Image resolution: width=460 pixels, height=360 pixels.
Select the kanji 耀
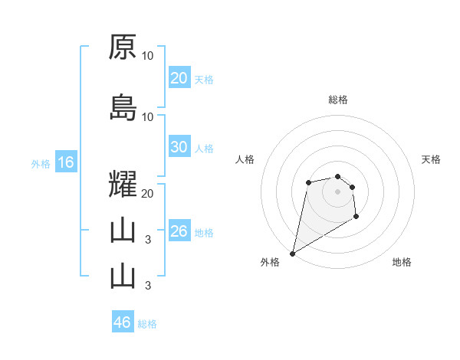point(123,185)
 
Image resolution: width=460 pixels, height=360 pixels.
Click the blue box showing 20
point(179,78)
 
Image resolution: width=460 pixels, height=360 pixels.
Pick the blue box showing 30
point(179,148)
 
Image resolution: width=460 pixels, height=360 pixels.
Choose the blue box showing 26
point(179,231)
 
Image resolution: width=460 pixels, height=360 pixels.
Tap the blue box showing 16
point(65,162)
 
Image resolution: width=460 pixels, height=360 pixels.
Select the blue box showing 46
point(123,322)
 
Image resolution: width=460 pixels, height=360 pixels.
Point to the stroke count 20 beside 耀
point(148,194)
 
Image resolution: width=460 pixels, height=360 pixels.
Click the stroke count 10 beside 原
point(148,55)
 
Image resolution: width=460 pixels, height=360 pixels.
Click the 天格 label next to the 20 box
point(204,79)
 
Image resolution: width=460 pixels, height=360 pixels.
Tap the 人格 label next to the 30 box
point(204,149)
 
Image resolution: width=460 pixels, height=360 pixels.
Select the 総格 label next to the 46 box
point(147,323)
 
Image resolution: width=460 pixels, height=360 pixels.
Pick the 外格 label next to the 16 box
point(41,163)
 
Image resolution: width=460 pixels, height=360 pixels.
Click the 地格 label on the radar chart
point(402,263)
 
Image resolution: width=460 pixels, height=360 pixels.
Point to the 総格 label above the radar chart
point(338,100)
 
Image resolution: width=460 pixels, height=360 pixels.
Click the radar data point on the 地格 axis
point(356,217)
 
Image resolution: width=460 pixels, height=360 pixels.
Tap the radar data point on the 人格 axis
point(308,182)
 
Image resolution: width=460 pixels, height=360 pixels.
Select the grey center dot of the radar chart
point(337,191)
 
